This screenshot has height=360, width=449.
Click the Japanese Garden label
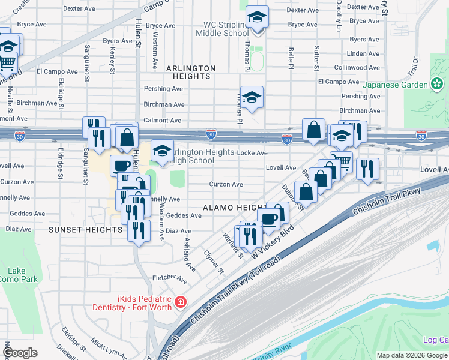pyautogui.click(x=396, y=85)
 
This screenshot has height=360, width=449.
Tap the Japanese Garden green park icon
pyautogui.click(x=437, y=85)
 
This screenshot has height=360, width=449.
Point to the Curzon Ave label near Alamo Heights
pyautogui.click(x=226, y=184)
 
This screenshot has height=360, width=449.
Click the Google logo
pyautogui.click(x=20, y=353)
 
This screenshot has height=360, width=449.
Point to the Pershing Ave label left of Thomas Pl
pyautogui.click(x=163, y=89)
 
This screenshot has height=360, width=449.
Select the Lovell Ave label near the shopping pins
pyautogui.click(x=282, y=168)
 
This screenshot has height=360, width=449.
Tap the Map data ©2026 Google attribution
pyautogui.click(x=411, y=355)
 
